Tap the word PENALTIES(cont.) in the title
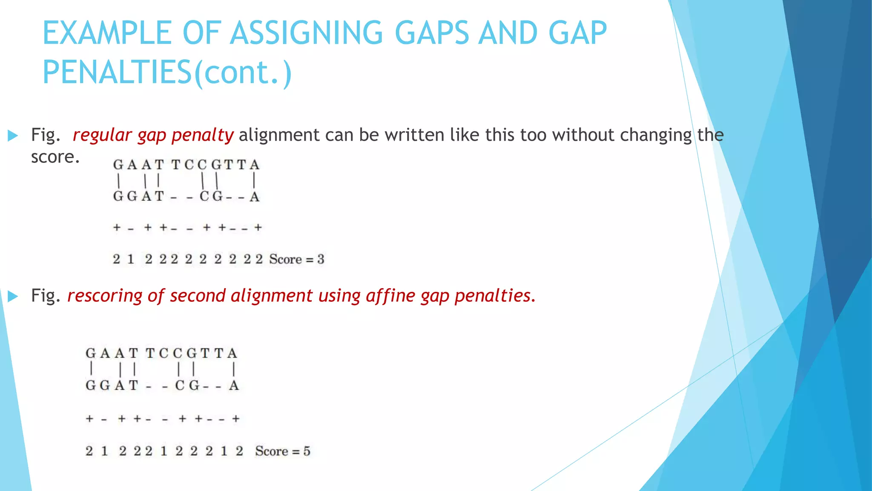point(167,72)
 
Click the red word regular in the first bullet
point(102,135)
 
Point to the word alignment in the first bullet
point(279,135)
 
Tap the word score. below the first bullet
point(55,157)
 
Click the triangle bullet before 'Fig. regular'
point(13,136)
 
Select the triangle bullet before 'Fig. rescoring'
point(13,296)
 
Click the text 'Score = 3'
point(296,259)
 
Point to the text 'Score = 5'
point(283,451)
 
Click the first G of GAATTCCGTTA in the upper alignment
point(118,165)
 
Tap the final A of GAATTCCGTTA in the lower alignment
point(232,353)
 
